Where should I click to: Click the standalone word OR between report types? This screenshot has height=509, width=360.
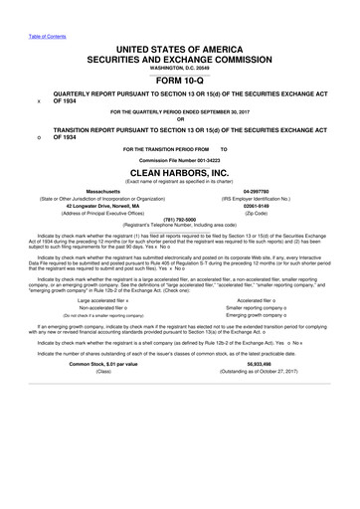click(x=179, y=122)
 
